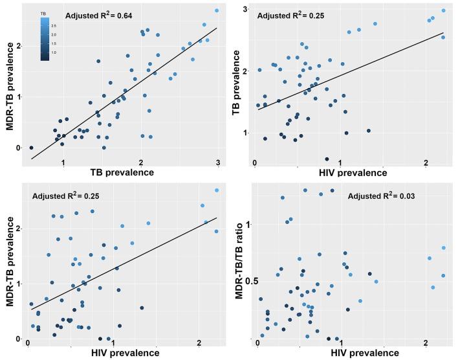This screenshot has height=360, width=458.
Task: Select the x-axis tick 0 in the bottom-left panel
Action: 28,343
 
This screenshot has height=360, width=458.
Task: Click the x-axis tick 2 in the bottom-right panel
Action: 426,343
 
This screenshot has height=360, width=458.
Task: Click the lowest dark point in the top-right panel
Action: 327,159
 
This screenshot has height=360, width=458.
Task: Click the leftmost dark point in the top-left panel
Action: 31,148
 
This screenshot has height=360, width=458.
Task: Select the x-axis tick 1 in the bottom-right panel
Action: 342,343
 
